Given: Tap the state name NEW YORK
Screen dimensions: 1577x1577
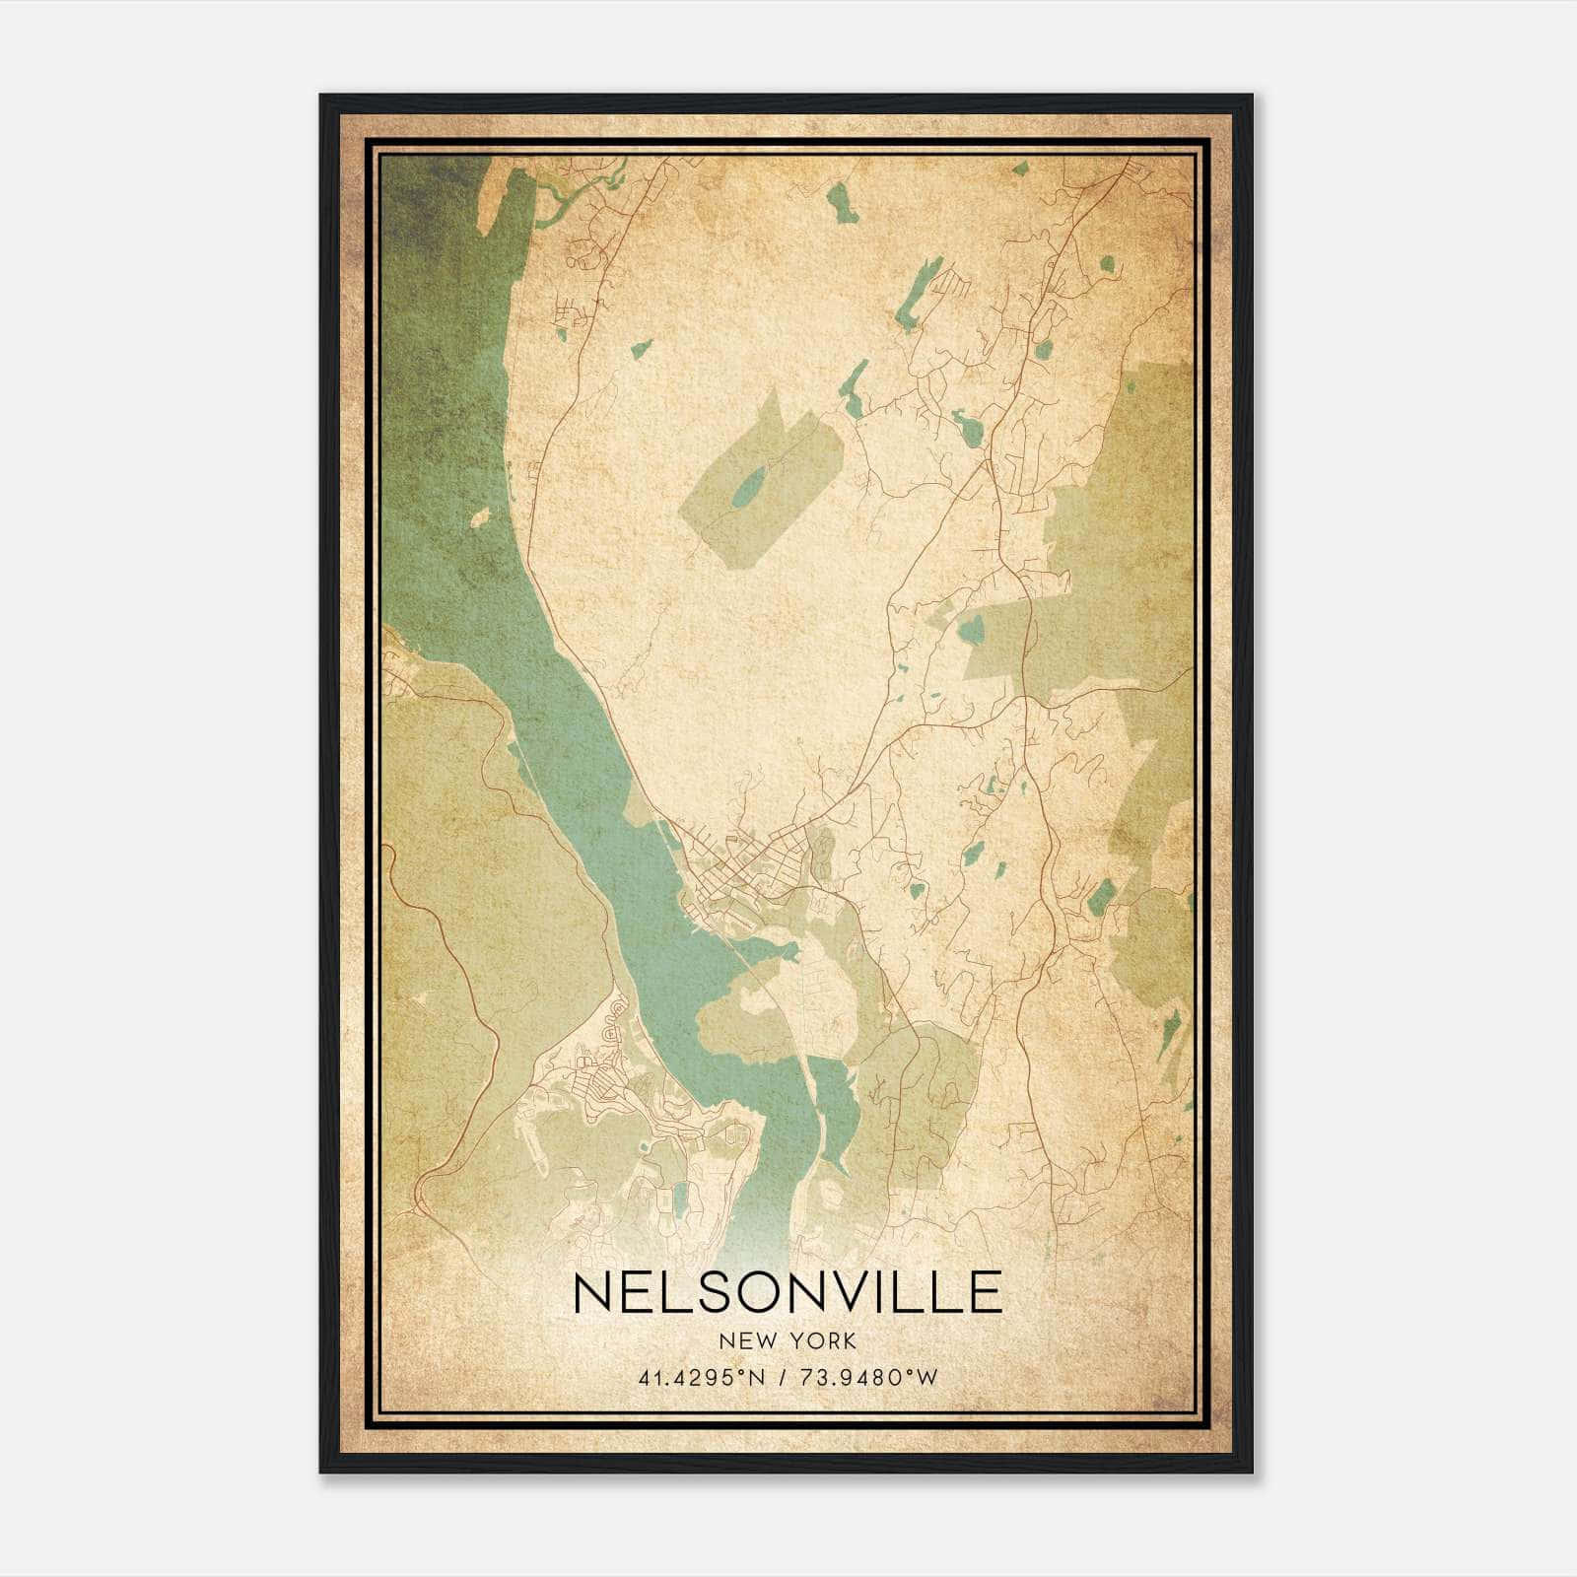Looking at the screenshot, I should (788, 1340).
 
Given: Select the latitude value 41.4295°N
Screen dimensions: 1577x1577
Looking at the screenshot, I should (702, 1378).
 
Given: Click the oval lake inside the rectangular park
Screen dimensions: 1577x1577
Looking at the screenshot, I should (749, 485).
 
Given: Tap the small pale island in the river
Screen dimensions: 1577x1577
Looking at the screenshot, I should (481, 516).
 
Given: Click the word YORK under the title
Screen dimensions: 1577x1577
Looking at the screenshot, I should (829, 1340).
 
